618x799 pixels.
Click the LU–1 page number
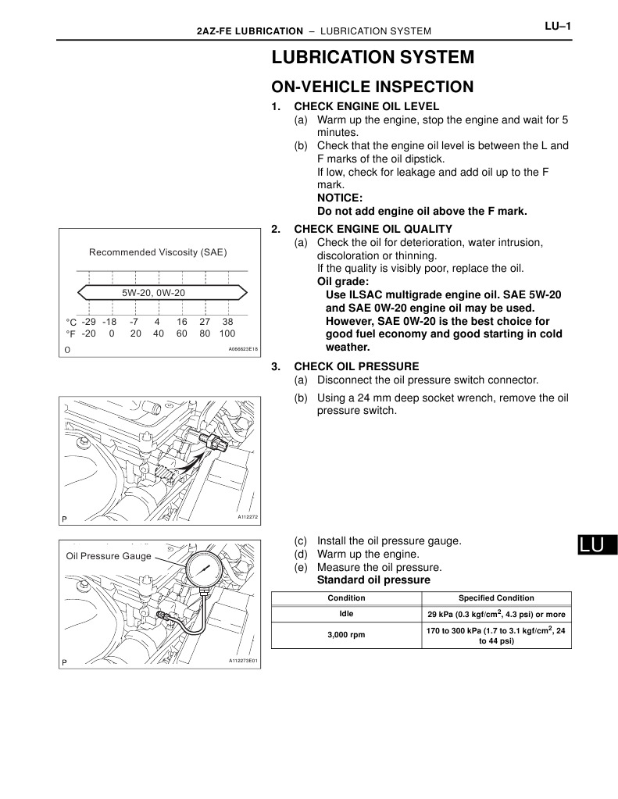(559, 27)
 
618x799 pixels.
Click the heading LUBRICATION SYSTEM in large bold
(373, 58)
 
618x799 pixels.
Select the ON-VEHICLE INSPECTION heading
(372, 87)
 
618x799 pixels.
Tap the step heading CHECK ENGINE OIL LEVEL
(366, 106)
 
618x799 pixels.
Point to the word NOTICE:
(340, 198)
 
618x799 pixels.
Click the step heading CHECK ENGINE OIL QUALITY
(372, 229)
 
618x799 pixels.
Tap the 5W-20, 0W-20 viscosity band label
(154, 292)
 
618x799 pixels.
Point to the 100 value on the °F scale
(227, 333)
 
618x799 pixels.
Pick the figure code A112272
(247, 517)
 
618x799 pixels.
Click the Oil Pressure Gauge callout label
(109, 557)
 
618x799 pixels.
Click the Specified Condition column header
(496, 597)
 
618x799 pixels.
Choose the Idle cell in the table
(346, 614)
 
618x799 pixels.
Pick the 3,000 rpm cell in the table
(346, 635)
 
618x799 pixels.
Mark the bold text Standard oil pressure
(373, 580)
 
